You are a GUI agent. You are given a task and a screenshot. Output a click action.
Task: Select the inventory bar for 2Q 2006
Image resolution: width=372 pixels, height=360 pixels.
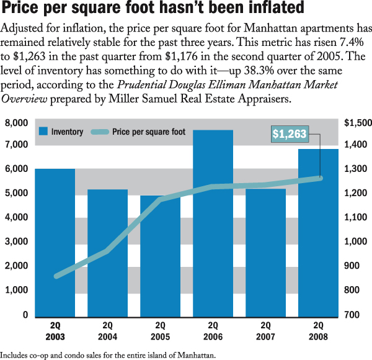(213, 223)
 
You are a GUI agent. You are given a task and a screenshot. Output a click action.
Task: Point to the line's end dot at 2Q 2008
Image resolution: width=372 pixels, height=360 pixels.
(321, 178)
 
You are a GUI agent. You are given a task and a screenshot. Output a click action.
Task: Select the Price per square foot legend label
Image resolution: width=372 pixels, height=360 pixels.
(149, 132)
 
